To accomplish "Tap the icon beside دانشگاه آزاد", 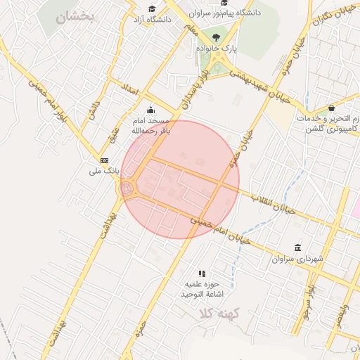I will coord(131,19).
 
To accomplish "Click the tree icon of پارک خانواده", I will coord(216,38).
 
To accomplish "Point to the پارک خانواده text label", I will coord(219,49).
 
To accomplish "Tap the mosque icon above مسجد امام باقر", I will coord(150,110).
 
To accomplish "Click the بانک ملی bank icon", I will coord(105,160).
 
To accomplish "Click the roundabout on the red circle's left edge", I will coord(127,188).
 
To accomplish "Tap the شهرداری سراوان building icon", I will coord(298,248).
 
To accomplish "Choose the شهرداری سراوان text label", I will coord(298,259).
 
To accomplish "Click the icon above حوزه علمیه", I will coord(202,273).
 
